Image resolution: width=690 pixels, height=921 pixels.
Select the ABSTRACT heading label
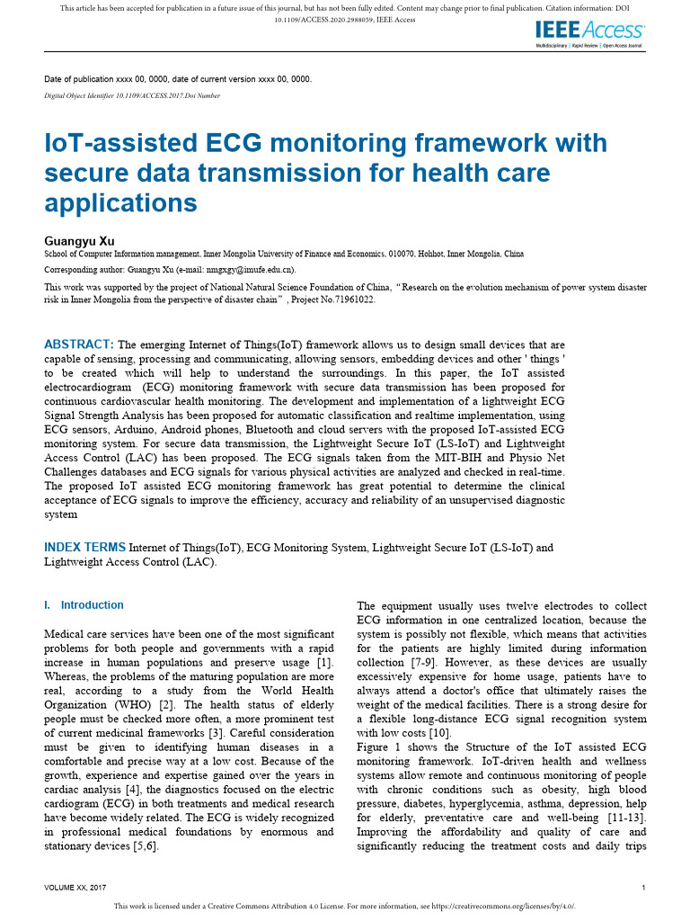(x=79, y=344)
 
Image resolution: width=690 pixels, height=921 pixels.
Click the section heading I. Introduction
(x=84, y=605)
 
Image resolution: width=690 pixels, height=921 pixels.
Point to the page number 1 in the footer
(x=645, y=888)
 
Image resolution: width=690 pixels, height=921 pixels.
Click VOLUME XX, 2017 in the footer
(x=83, y=888)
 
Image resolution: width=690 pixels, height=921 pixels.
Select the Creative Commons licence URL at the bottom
(x=504, y=907)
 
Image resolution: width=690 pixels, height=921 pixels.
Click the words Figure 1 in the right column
(x=378, y=747)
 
